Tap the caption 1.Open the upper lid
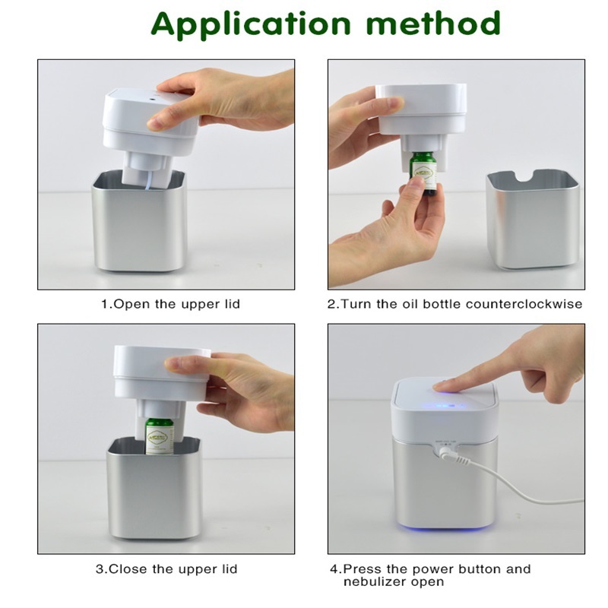(170, 304)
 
